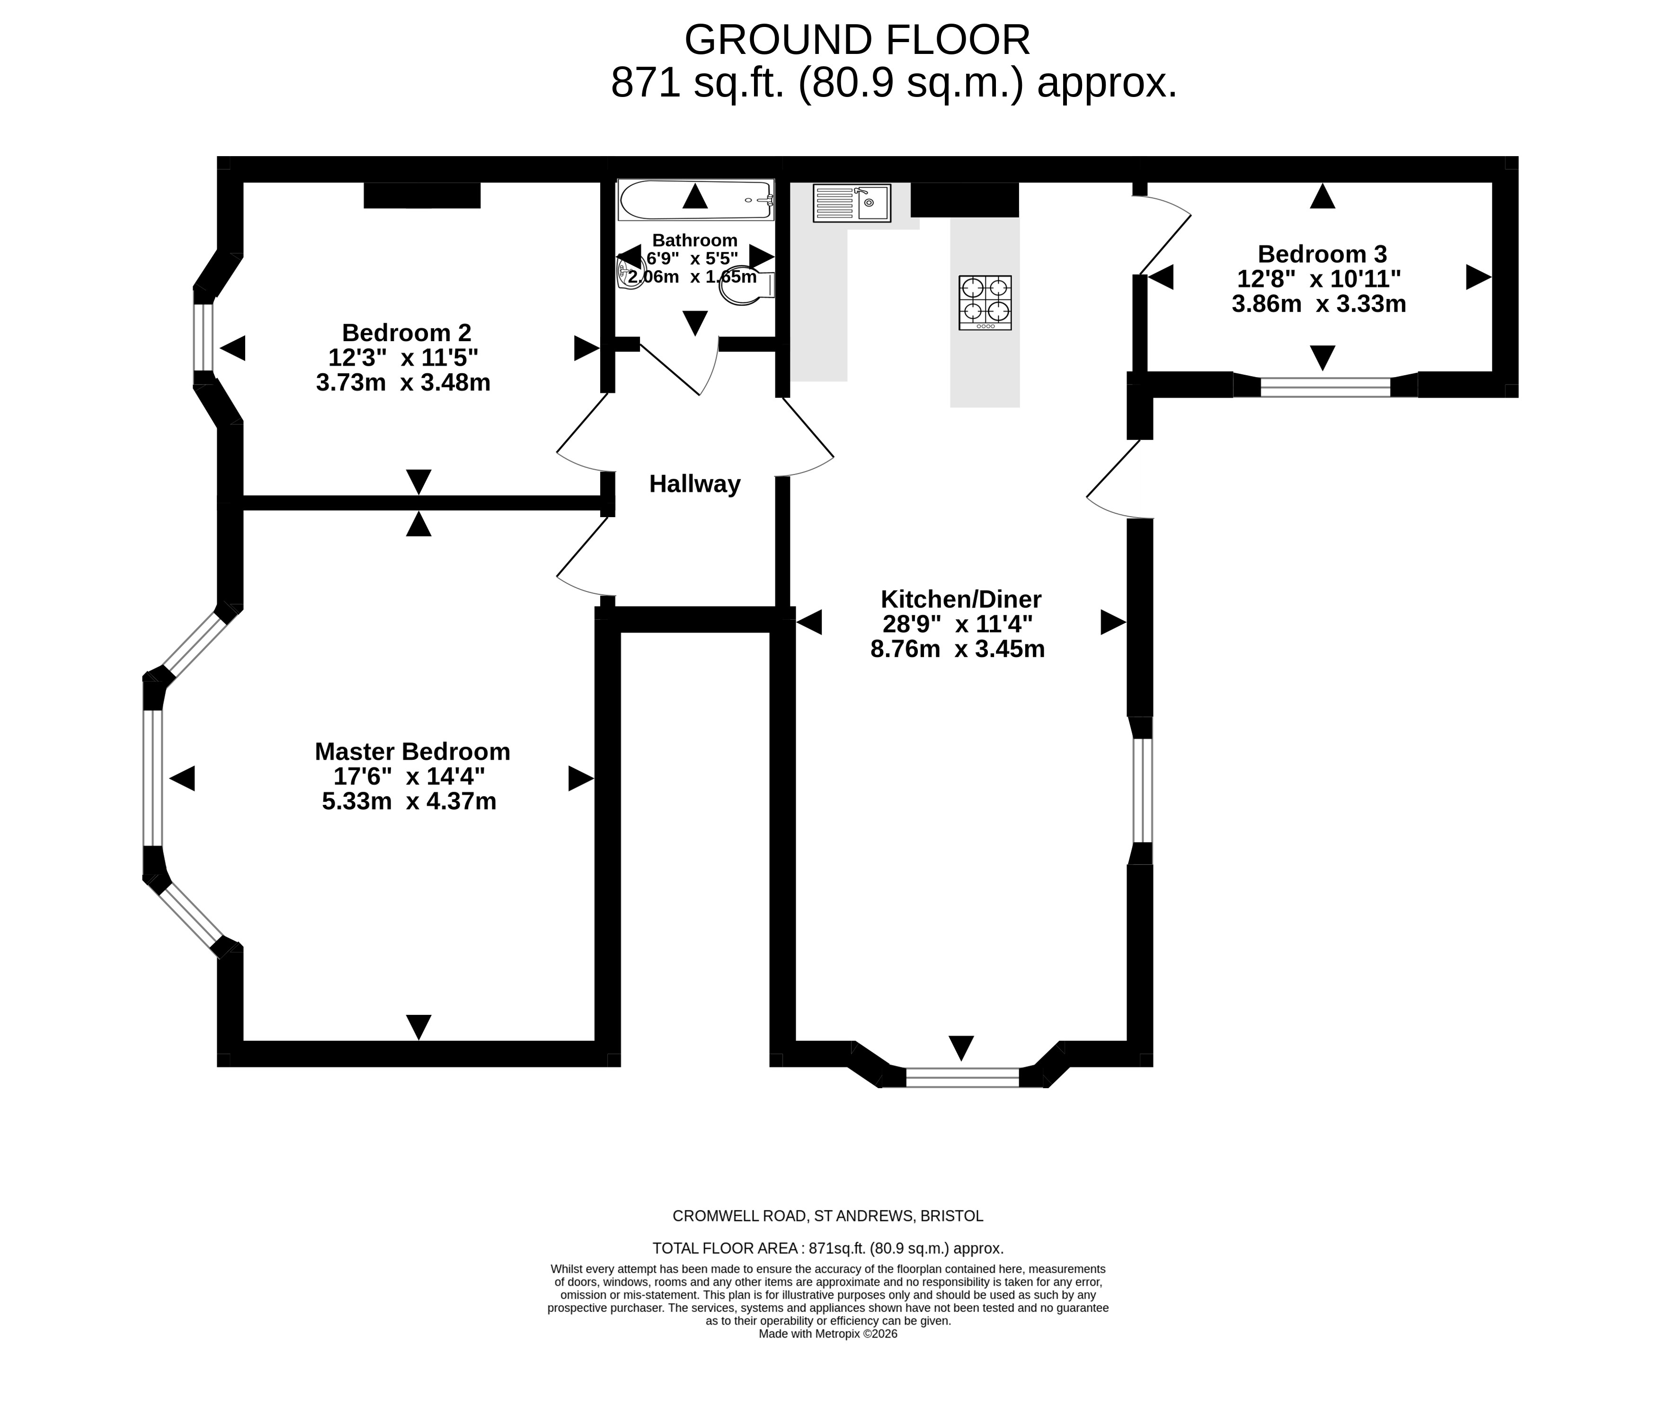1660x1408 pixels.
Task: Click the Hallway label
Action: click(695, 484)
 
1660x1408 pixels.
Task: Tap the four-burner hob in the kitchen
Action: click(985, 302)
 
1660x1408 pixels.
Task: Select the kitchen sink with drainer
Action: click(851, 203)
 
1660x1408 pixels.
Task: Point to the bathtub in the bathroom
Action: click(695, 200)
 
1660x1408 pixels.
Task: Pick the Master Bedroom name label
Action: click(412, 751)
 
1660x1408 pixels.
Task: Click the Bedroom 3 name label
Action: click(1322, 254)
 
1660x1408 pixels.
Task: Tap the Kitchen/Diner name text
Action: click(960, 598)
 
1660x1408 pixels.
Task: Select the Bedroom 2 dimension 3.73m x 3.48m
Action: click(403, 382)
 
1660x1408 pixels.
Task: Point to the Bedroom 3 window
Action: click(1325, 387)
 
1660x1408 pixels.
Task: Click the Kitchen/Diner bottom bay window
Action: click(962, 1077)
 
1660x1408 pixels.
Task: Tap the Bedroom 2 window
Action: click(204, 338)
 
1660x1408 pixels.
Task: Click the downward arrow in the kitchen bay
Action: click(961, 1047)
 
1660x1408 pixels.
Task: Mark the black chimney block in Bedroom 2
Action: click(422, 195)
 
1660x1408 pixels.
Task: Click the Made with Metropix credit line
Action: click(828, 1334)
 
